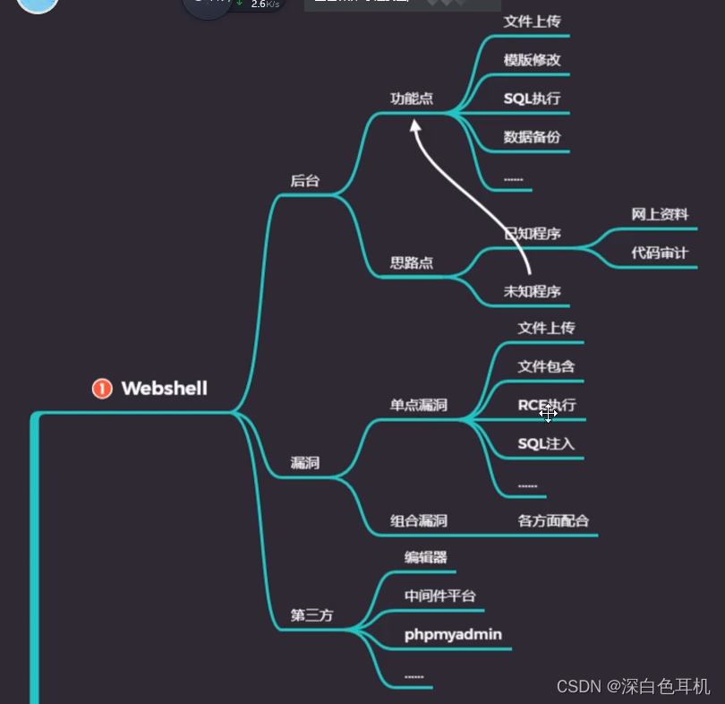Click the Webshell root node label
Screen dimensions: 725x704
tap(164, 388)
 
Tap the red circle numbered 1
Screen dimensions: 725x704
tap(102, 388)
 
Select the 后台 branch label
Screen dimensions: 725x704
tap(304, 181)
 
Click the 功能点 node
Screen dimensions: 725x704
tap(412, 99)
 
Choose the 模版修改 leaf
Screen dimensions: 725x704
tap(532, 60)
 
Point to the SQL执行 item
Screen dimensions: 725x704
tap(532, 99)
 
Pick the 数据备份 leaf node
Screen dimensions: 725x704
tap(532, 137)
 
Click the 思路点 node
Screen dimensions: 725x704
tap(412, 263)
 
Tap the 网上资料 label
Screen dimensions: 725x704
tap(660, 214)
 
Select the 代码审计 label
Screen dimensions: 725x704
tap(660, 253)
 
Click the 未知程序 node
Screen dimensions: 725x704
tap(532, 291)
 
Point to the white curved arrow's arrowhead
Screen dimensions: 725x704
tap(415, 126)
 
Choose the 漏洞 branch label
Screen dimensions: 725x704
tap(304, 463)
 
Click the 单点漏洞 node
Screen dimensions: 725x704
tap(418, 405)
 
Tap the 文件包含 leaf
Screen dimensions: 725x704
tap(546, 366)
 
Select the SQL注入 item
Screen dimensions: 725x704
tap(546, 443)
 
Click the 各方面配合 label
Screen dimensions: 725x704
tap(553, 520)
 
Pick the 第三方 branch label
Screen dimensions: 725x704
tap(311, 615)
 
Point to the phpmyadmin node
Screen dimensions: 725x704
tap(453, 635)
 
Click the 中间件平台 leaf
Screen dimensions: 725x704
tap(439, 597)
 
